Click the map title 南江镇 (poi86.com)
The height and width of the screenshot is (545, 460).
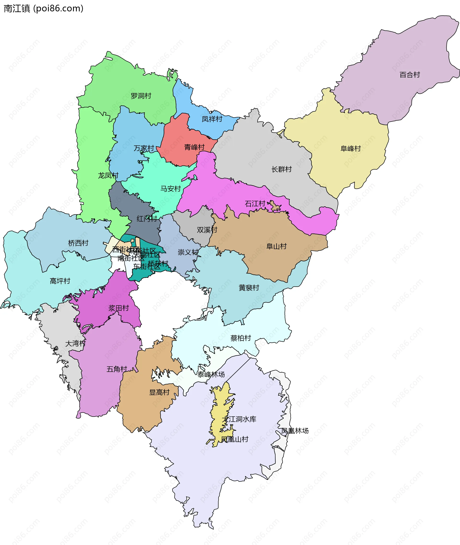click(44, 8)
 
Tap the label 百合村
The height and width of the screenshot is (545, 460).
click(409, 75)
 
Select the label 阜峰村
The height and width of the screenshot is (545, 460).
click(351, 149)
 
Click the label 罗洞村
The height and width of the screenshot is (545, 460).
click(141, 96)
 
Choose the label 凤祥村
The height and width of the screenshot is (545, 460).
click(212, 119)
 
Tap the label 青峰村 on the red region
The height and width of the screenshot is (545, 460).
click(194, 147)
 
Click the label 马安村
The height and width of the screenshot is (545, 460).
click(171, 189)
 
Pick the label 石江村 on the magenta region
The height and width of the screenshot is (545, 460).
click(255, 204)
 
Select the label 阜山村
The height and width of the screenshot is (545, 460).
click(276, 247)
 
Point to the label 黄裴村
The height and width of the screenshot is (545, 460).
click(249, 288)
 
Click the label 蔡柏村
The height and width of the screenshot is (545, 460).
click(241, 338)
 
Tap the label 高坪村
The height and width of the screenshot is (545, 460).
click(60, 281)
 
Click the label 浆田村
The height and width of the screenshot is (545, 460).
click(119, 308)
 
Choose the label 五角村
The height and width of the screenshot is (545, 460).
click(117, 369)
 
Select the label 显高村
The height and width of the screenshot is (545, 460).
click(159, 392)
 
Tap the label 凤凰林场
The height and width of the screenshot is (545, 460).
click(295, 431)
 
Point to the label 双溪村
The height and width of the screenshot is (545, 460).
click(207, 230)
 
